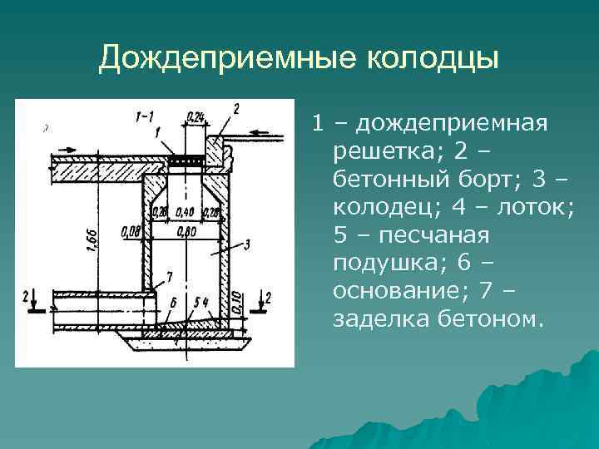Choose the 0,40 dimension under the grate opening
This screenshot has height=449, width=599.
pyautogui.click(x=186, y=213)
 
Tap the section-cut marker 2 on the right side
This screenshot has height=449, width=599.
pyautogui.click(x=267, y=296)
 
